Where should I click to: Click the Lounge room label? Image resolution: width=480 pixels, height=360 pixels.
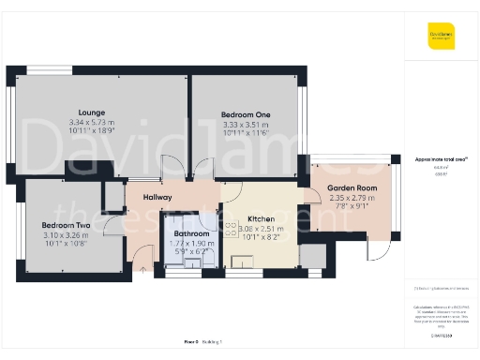[92, 113]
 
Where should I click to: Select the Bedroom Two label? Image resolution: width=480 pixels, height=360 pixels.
[66, 226]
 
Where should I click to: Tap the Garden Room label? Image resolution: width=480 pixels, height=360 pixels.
[352, 188]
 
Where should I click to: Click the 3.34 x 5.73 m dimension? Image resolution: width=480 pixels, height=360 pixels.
[92, 123]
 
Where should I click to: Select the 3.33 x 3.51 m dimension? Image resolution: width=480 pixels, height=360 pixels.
[247, 124]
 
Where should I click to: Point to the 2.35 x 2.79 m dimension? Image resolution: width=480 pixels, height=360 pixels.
[352, 198]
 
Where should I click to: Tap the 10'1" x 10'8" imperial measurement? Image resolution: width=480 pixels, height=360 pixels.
[66, 244]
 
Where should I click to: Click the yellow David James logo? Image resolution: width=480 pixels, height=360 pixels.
[441, 38]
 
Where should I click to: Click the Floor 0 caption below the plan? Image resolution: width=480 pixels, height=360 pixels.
[192, 342]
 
